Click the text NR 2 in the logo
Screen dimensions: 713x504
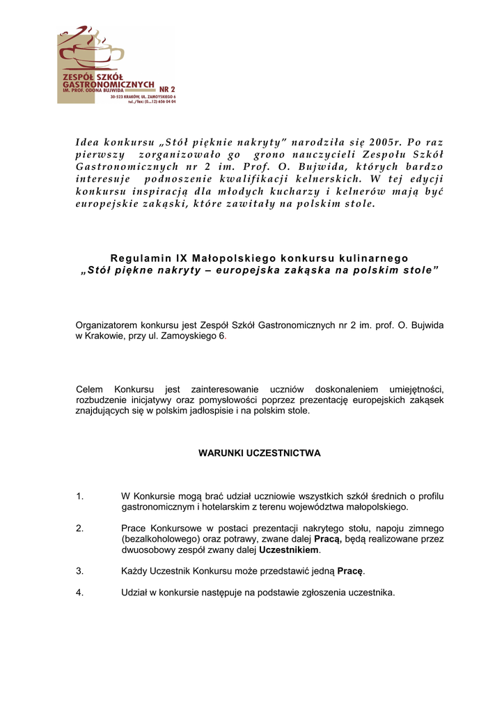167,89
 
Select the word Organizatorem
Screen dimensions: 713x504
107,325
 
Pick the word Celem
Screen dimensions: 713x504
89,389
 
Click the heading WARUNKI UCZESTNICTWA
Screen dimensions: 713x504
260,453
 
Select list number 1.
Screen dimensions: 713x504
80,496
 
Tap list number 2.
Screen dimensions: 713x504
80,528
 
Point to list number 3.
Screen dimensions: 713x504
80,571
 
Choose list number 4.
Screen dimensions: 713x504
80,593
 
